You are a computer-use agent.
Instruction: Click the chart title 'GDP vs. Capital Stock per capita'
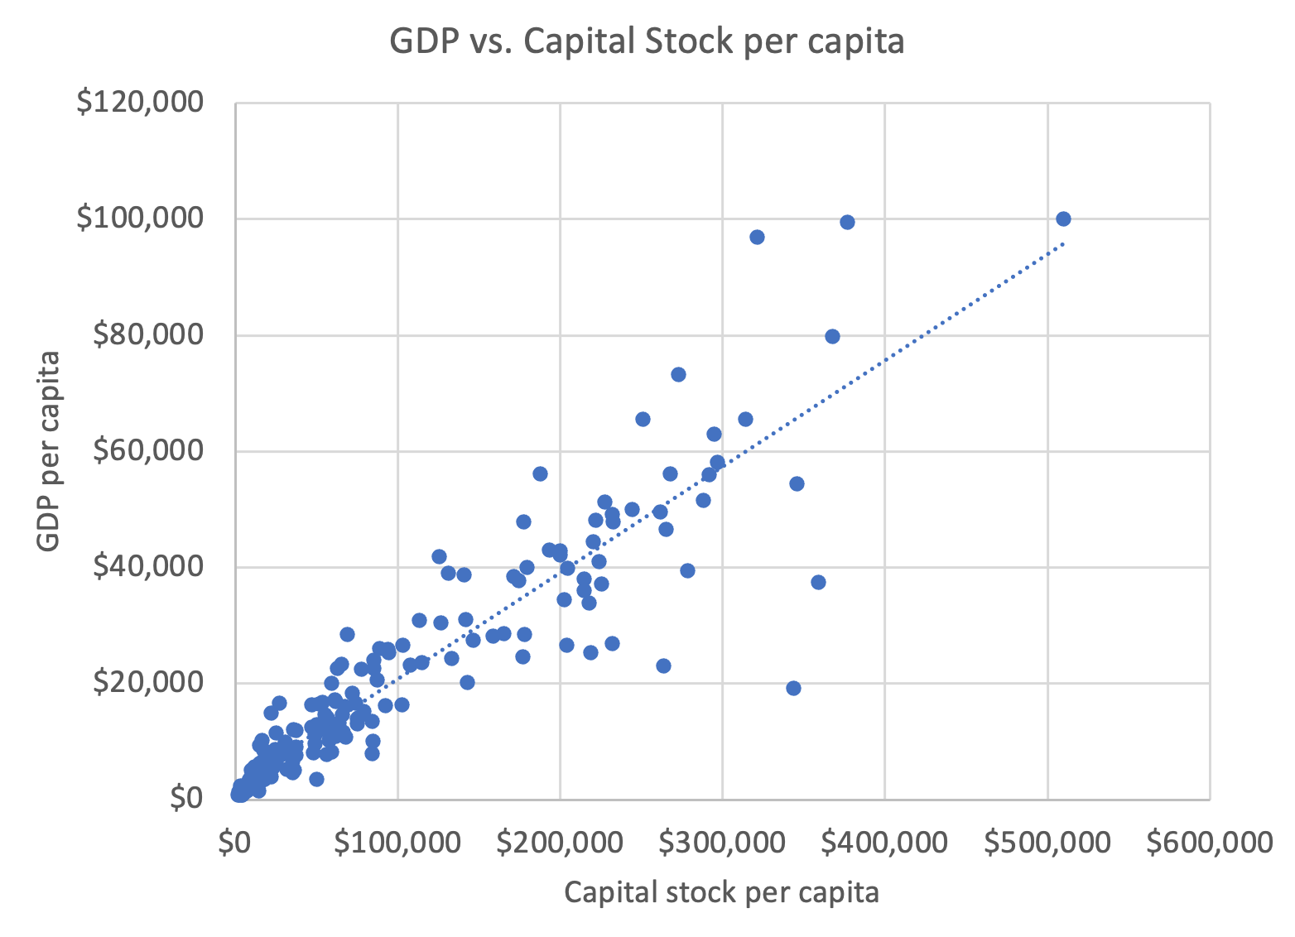tap(647, 41)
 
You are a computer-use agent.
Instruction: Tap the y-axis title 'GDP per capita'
tap(50, 451)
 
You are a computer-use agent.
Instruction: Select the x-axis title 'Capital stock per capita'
tap(721, 892)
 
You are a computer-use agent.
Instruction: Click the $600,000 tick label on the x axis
tap(1210, 843)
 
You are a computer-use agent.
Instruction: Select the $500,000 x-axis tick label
tap(1047, 843)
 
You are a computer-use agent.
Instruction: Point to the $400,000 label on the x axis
tap(885, 843)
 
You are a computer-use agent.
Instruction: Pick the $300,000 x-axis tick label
tap(723, 843)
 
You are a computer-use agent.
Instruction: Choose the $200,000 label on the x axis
tap(561, 843)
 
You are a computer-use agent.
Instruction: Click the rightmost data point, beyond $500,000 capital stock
tap(1063, 219)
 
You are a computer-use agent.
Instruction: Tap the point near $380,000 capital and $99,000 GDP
tap(847, 222)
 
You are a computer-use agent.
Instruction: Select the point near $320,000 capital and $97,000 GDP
tap(757, 237)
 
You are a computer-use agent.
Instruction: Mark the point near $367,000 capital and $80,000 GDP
tap(832, 336)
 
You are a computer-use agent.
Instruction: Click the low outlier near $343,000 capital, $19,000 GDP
tap(793, 688)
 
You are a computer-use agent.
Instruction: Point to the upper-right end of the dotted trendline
tap(1063, 243)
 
